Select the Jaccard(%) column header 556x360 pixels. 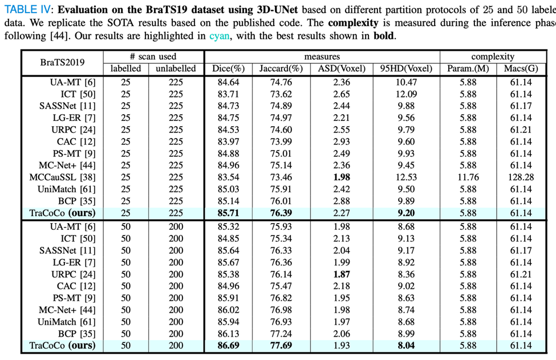pos(281,69)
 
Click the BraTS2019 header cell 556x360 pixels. pos(62,63)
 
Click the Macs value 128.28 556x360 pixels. pos(521,177)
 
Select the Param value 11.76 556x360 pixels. pos(468,177)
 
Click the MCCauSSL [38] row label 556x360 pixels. pos(62,177)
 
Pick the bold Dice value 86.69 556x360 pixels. pos(231,345)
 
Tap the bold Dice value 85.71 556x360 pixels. pos(231,213)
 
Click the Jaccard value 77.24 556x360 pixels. pos(281,333)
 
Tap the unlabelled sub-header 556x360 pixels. pos(176,69)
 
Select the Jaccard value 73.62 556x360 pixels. pos(281,94)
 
